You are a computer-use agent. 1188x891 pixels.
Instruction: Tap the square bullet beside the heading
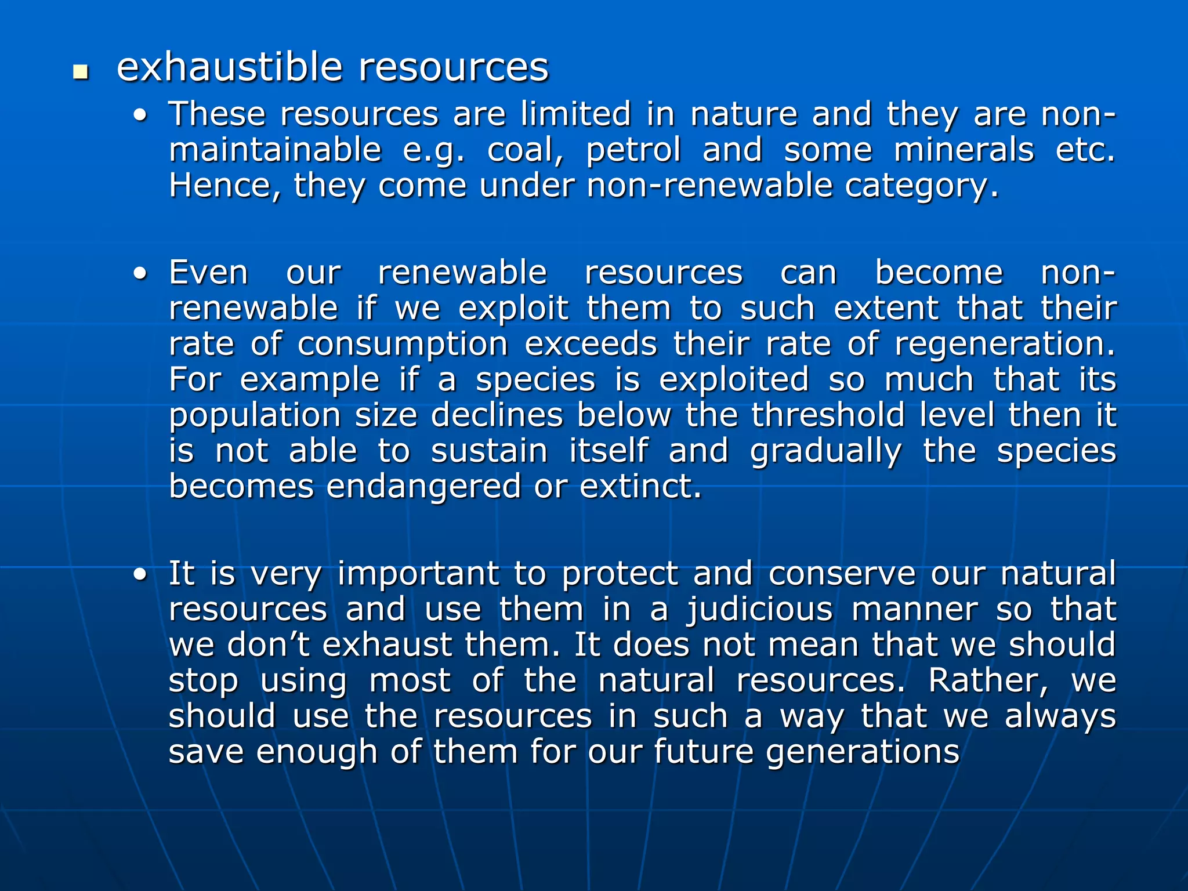pyautogui.click(x=81, y=73)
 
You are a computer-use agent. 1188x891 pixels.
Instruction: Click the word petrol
pyautogui.click(x=633, y=151)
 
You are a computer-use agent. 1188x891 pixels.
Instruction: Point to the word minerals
pyautogui.click(x=964, y=150)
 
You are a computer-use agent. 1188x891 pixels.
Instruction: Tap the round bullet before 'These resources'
pyautogui.click(x=140, y=116)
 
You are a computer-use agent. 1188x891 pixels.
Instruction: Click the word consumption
pyautogui.click(x=403, y=345)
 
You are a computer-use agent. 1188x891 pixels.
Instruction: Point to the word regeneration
pyautogui.click(x=1005, y=345)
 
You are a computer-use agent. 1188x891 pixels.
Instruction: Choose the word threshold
pyautogui.click(x=828, y=415)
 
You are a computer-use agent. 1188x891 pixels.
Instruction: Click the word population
pyautogui.click(x=255, y=416)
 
